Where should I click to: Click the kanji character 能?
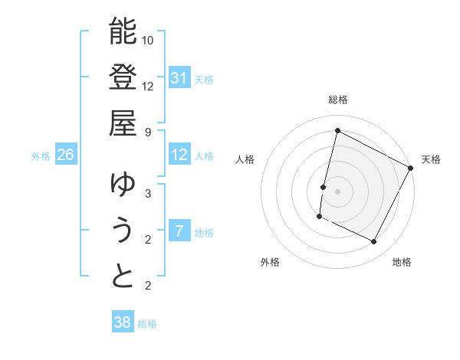click(123, 31)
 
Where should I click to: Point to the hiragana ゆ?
click(123, 185)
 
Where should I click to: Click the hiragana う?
click(123, 230)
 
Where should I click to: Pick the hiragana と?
click(123, 276)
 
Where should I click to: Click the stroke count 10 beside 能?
click(149, 40)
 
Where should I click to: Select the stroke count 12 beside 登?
click(149, 86)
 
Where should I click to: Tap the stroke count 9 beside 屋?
click(149, 132)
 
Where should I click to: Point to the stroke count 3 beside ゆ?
click(149, 193)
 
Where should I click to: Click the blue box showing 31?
click(179, 77)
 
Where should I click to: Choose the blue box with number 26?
click(65, 155)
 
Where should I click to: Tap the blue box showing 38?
click(122, 322)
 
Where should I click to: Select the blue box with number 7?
click(179, 231)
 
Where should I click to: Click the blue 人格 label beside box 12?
click(204, 155)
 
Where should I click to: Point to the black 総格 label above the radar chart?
click(337, 100)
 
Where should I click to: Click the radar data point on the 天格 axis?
click(411, 168)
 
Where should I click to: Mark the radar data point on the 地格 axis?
click(374, 242)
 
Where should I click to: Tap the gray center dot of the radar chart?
click(337, 191)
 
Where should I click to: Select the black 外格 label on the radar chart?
click(270, 262)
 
